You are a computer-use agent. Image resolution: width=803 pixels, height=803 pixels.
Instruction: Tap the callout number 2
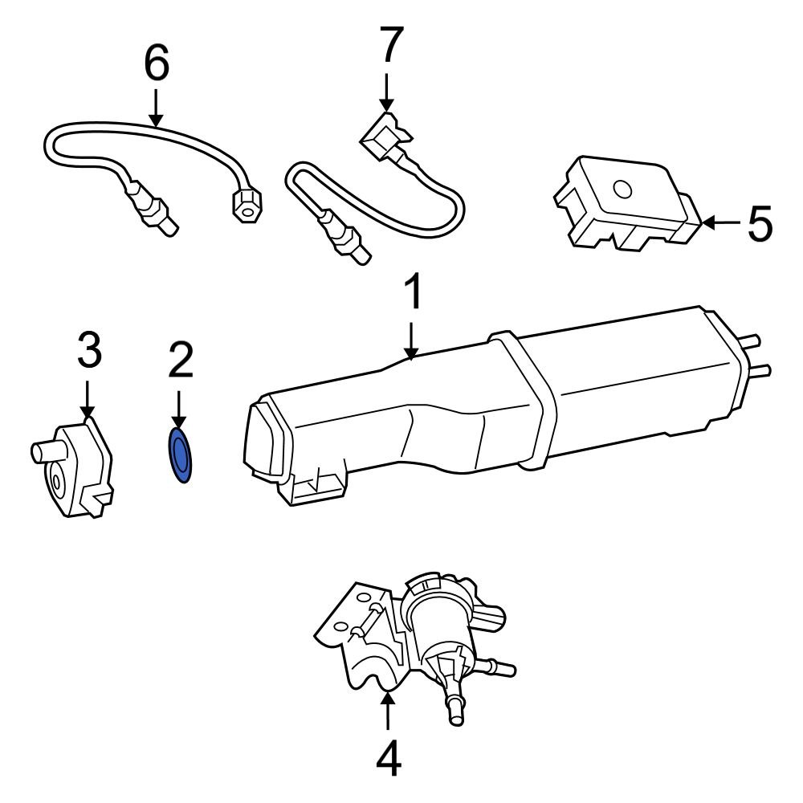point(180,361)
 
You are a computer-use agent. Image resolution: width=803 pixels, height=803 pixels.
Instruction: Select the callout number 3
point(88,351)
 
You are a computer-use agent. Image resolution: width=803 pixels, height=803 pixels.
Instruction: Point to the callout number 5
point(759,223)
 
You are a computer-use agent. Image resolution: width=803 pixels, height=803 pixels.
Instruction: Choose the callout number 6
point(157,64)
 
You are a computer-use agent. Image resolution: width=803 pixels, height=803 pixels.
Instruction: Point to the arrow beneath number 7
point(387,92)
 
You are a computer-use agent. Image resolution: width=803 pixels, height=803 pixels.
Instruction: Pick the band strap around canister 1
point(526,401)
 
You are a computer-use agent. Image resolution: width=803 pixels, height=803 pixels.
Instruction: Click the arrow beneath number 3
point(88,399)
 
